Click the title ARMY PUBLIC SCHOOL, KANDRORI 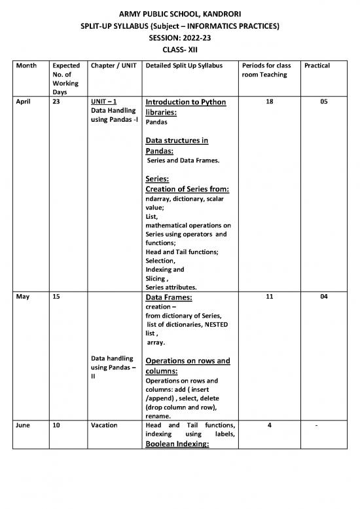click(179, 13)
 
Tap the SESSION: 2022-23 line click(179, 38)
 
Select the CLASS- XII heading click(179, 50)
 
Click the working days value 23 click(56, 103)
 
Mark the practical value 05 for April click(326, 103)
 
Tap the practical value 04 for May click(326, 297)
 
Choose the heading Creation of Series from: click(187, 190)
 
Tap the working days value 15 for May click(56, 297)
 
